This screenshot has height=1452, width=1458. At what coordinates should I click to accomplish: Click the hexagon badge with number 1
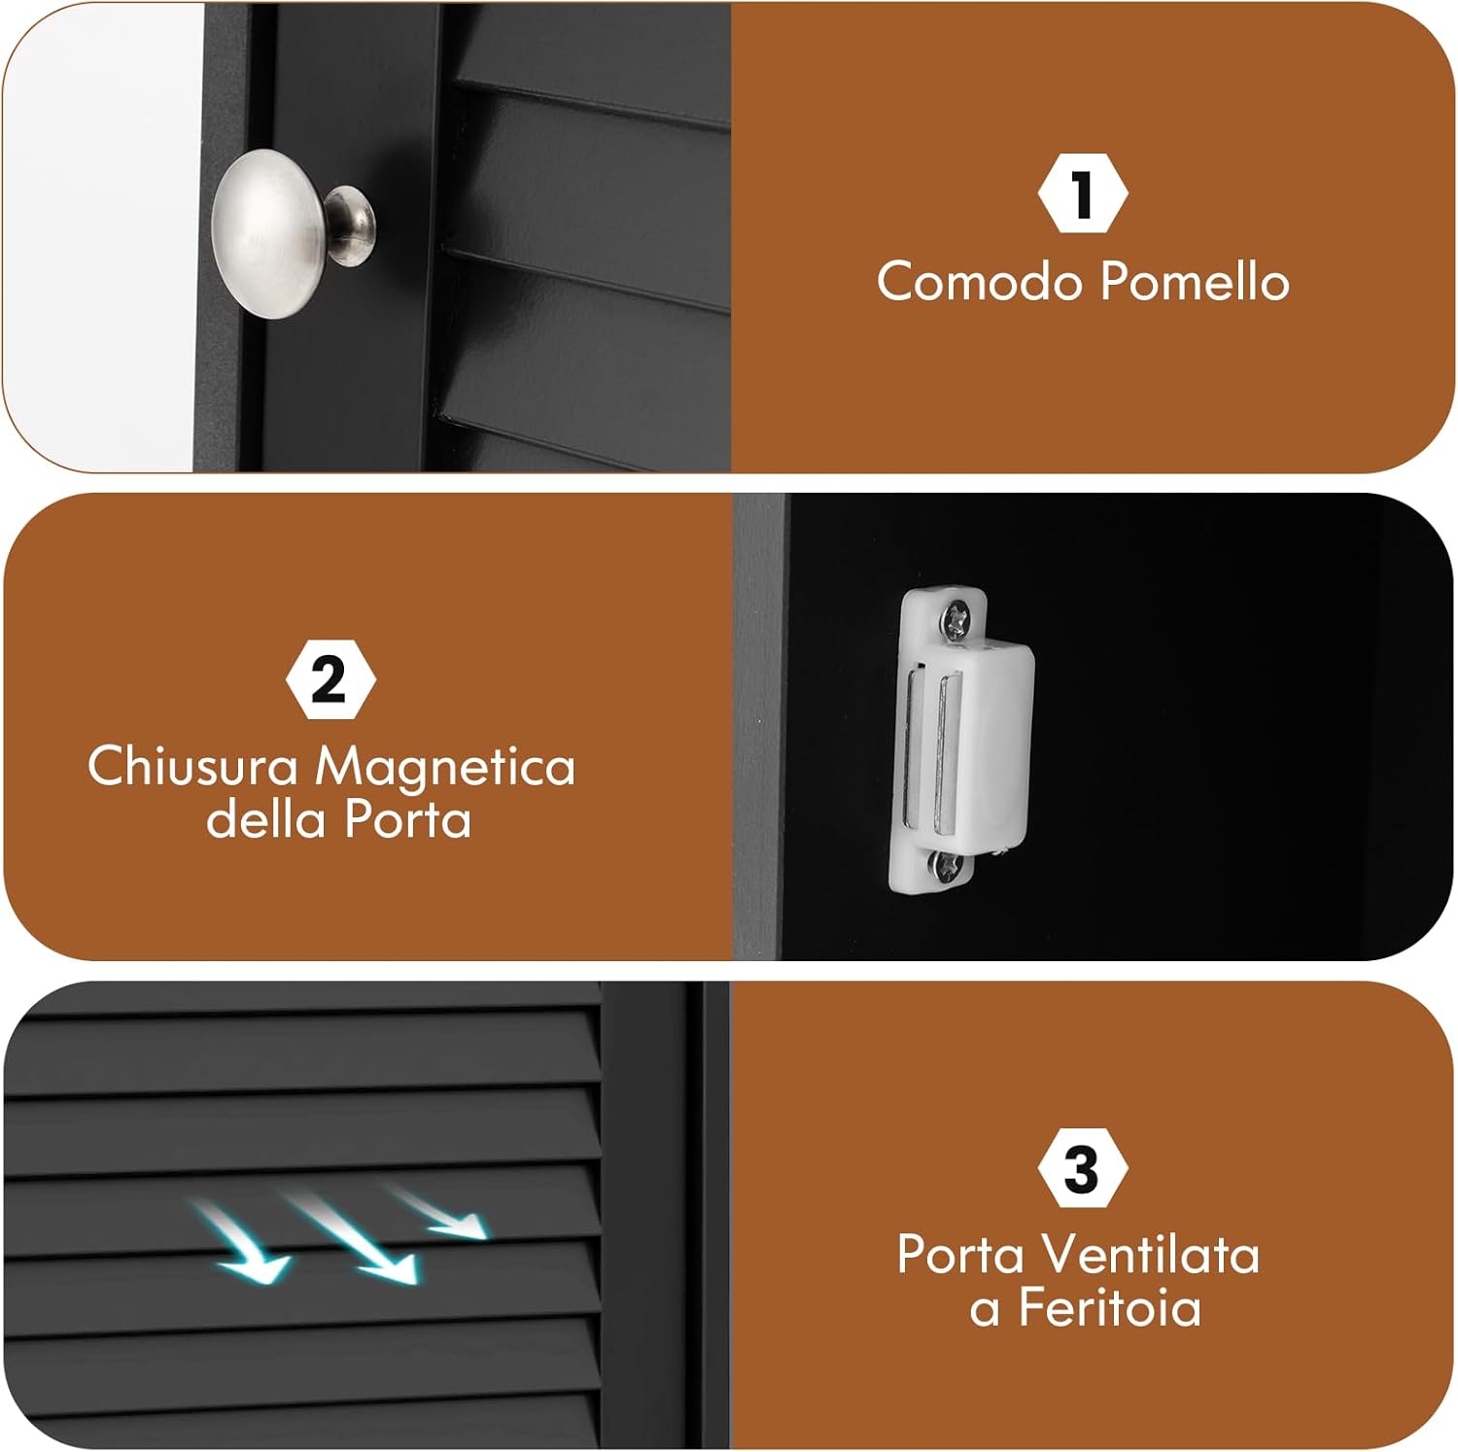coord(1082,193)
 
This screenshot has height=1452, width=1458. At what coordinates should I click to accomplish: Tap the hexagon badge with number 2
coord(330,679)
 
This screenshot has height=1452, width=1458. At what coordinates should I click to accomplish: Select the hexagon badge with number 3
coord(1082,1168)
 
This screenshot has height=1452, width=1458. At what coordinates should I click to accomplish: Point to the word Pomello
coord(1195,282)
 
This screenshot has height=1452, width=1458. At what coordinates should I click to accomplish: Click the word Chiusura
coord(192,766)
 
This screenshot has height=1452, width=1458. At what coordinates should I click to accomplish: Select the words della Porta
coord(338,819)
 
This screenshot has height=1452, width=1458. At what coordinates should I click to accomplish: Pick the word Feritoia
coord(1109,1307)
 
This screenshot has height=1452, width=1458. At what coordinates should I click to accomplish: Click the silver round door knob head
coord(267,233)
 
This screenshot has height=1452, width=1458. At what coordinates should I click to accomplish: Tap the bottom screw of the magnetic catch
coord(947,864)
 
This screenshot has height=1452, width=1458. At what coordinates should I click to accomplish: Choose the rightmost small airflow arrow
coord(442,1212)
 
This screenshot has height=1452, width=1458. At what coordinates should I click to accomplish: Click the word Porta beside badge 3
coord(960,1255)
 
